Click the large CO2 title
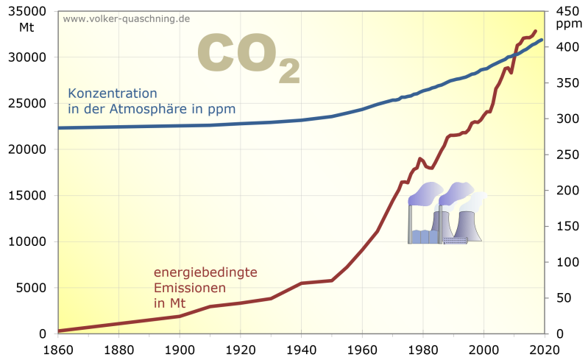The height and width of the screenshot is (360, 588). pyautogui.click(x=248, y=56)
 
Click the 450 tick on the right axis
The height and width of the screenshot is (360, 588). pyautogui.click(x=564, y=11)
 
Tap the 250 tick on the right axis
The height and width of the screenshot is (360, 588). pyautogui.click(x=564, y=155)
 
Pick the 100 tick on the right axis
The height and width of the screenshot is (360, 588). pyautogui.click(x=564, y=262)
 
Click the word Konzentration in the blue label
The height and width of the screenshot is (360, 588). pyautogui.click(x=113, y=93)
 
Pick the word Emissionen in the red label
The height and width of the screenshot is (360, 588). pyautogui.click(x=189, y=288)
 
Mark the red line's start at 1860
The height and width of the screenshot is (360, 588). pyautogui.click(x=59, y=331)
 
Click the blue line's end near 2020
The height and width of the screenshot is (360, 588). pyautogui.click(x=542, y=40)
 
